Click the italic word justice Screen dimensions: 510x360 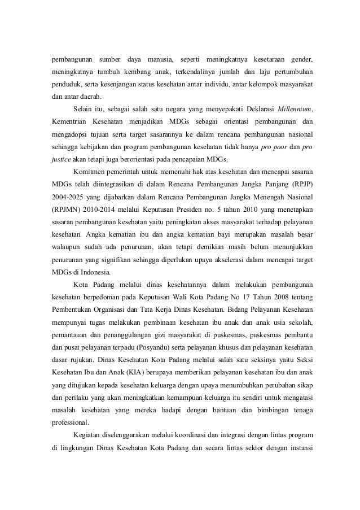tap(56, 159)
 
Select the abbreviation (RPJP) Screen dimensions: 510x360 tap(301, 184)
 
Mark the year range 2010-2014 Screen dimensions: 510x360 tap(104, 208)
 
